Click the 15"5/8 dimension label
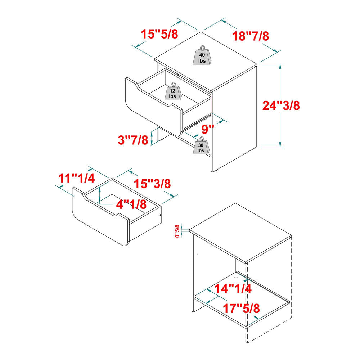[159, 34]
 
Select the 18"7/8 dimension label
[250, 36]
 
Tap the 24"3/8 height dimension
[281, 105]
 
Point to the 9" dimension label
[208, 129]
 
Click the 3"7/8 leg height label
[133, 140]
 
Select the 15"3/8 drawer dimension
[152, 184]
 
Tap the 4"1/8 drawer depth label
[131, 204]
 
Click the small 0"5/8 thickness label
[177, 231]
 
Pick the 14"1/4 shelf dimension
[233, 288]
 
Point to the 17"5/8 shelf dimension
[241, 309]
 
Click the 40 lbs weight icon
[202, 56]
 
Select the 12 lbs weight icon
[173, 91]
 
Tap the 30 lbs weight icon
[201, 146]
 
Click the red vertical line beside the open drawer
[211, 103]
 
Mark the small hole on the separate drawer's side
[160, 215]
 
